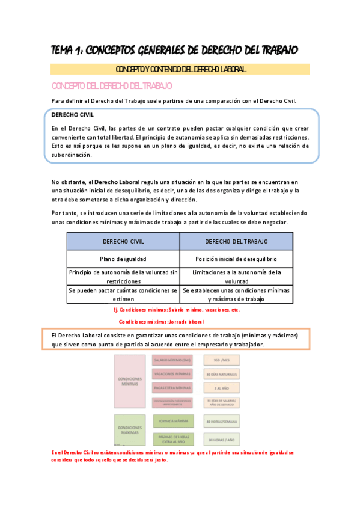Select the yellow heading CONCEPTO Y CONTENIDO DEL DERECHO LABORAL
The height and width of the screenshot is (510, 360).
pyautogui.click(x=180, y=70)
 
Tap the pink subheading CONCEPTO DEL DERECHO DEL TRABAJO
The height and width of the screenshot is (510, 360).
pyautogui.click(x=112, y=86)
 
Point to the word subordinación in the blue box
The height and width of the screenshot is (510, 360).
pyautogui.click(x=72, y=155)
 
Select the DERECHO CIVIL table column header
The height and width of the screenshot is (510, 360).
pyautogui.click(x=123, y=241)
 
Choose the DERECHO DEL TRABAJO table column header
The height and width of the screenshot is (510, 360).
pyautogui.click(x=236, y=241)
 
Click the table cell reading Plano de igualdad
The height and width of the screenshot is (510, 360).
pyautogui.click(x=123, y=259)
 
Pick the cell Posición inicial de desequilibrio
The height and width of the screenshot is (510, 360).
pyautogui.click(x=236, y=259)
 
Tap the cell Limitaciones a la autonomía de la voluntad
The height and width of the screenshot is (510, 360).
pyautogui.click(x=236, y=276)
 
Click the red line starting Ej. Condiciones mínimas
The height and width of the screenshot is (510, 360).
pyautogui.click(x=177, y=310)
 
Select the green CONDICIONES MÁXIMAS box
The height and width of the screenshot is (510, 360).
pyautogui.click(x=130, y=429)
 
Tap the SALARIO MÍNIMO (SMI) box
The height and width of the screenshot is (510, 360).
pyautogui.click(x=172, y=360)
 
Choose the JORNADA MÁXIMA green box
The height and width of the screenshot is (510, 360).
pyautogui.click(x=172, y=420)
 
